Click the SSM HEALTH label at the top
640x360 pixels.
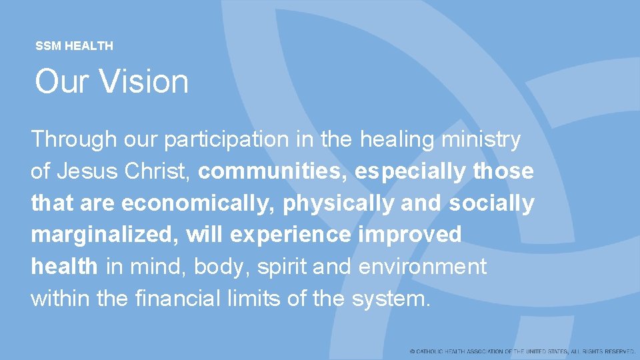click(74, 46)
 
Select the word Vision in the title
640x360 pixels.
click(144, 82)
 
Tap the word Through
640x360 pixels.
click(74, 140)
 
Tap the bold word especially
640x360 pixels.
click(411, 173)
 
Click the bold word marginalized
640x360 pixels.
click(104, 235)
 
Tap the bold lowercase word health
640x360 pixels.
click(64, 267)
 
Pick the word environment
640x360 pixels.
click(423, 267)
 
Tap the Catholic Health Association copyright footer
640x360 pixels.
click(523, 351)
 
